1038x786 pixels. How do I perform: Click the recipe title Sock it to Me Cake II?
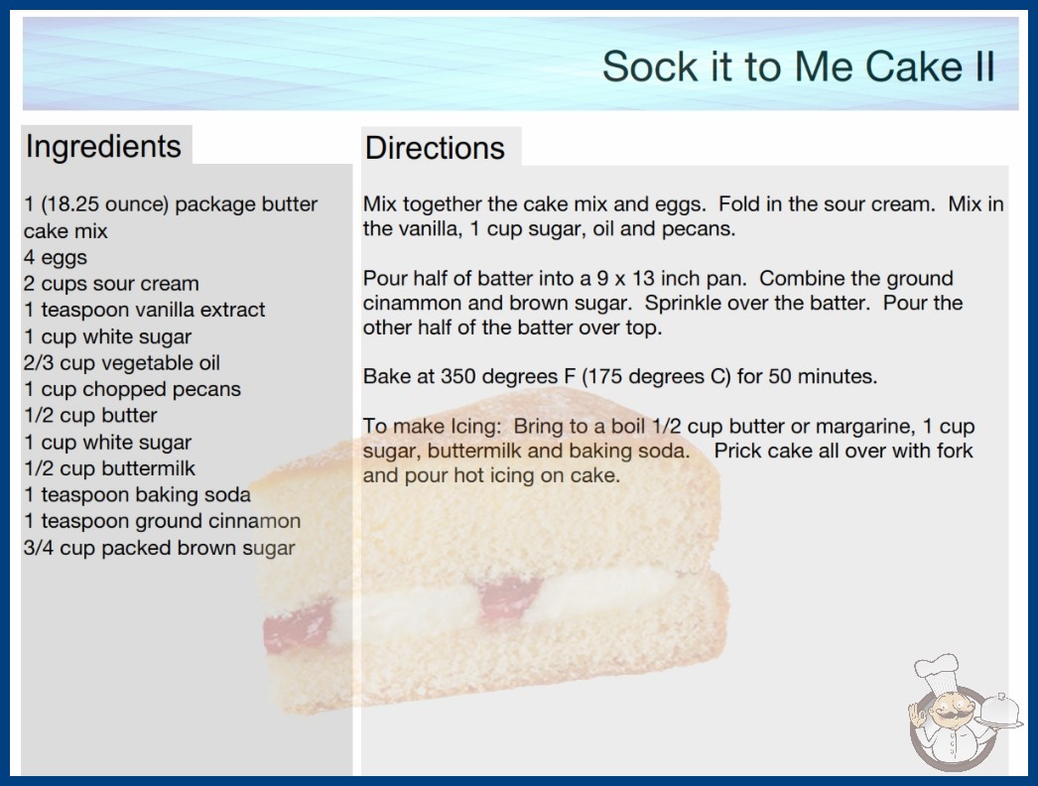(x=799, y=66)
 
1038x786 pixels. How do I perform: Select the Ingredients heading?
(x=103, y=147)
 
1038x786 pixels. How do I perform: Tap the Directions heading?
(x=435, y=148)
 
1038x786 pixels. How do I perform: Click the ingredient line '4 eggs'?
(x=56, y=258)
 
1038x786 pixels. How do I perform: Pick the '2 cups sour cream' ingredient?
(x=111, y=284)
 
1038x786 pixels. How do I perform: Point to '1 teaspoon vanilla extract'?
(x=144, y=310)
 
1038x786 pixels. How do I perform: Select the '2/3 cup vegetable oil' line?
(x=122, y=363)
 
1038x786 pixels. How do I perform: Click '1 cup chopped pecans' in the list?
(x=132, y=389)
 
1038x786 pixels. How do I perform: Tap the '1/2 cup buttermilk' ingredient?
(x=110, y=468)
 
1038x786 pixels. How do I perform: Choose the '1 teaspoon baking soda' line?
(x=138, y=494)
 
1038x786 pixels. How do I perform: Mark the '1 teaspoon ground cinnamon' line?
(x=162, y=521)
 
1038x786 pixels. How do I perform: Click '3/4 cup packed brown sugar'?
(x=160, y=548)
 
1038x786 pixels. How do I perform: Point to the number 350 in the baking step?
(x=458, y=376)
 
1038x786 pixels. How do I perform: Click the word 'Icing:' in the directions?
(x=475, y=427)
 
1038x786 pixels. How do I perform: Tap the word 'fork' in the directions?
(x=955, y=451)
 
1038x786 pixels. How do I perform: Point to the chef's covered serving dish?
(x=1000, y=712)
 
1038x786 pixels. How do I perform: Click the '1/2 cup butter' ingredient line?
(x=90, y=416)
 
